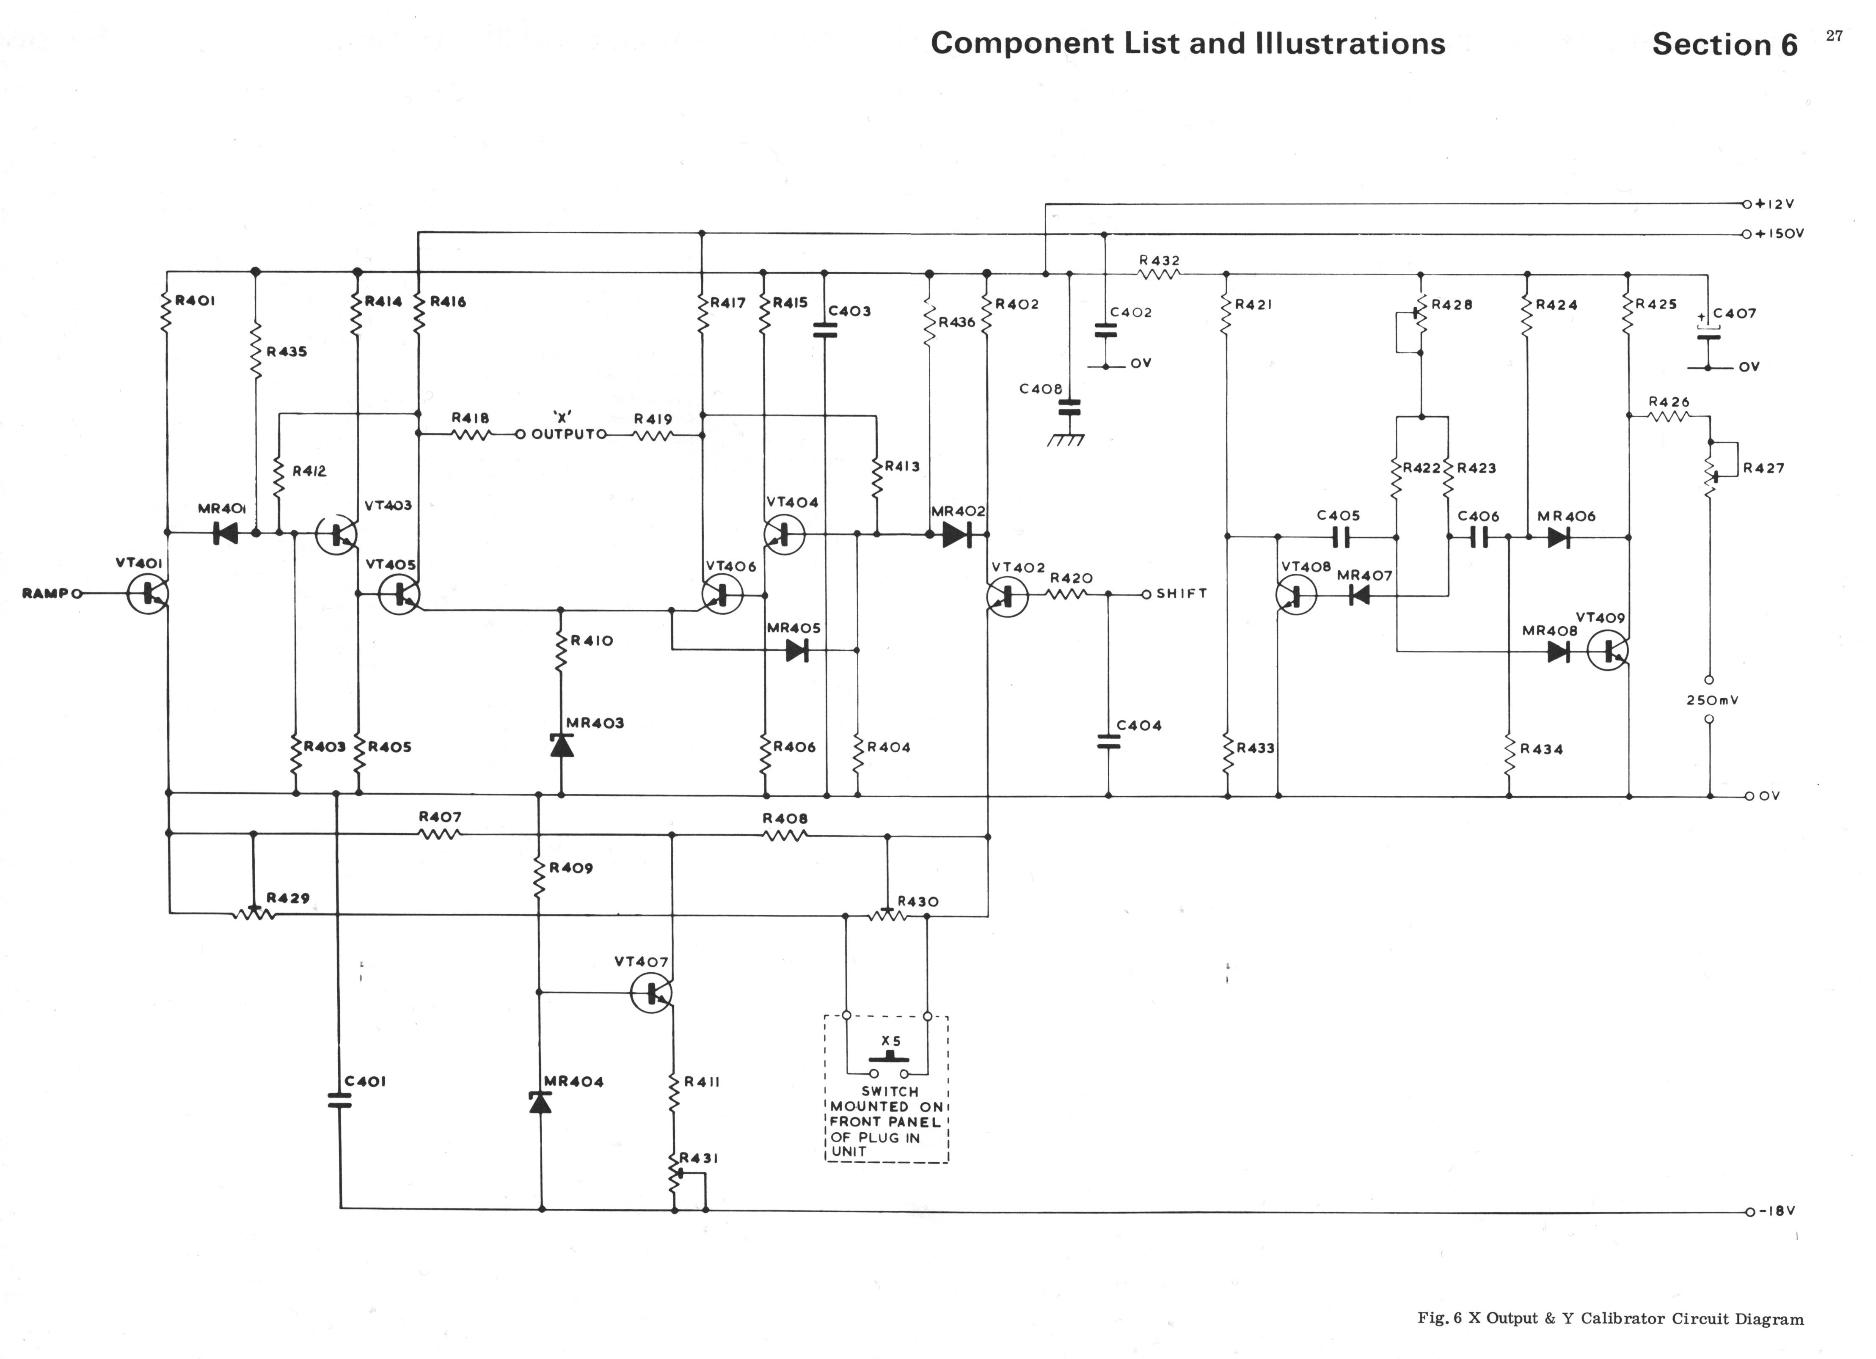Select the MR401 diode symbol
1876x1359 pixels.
pyautogui.click(x=225, y=534)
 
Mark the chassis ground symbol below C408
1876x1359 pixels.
pyautogui.click(x=1067, y=440)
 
